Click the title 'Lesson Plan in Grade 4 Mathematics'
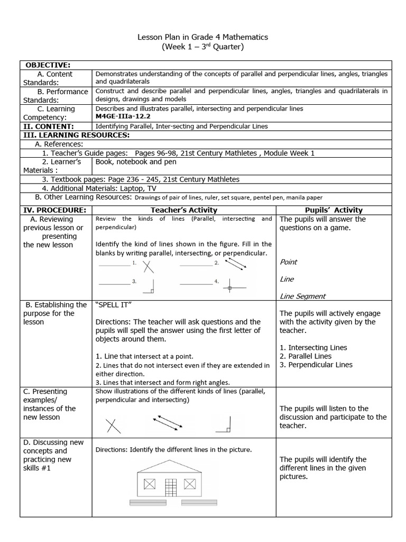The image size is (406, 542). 203,37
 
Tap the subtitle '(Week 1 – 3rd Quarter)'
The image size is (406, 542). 203,47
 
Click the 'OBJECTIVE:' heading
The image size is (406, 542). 48,65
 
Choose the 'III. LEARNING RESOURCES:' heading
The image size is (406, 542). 76,135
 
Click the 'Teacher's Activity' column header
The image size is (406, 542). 184,210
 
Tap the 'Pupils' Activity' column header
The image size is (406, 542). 334,210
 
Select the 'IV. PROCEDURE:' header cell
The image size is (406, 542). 55,210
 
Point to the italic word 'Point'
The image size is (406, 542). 288,262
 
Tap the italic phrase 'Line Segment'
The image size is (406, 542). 302,296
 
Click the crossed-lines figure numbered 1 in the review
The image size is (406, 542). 149,266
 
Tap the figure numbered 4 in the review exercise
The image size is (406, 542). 229,288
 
